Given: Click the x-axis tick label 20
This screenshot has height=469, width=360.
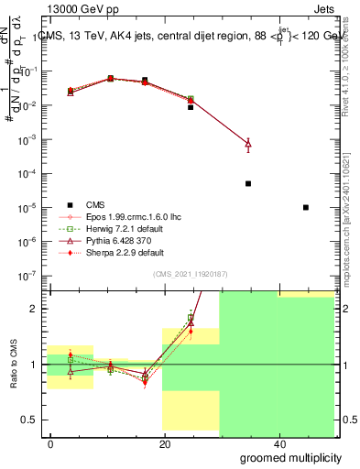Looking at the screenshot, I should [x=165, y=443].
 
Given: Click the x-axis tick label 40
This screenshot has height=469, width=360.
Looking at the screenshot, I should [x=278, y=443].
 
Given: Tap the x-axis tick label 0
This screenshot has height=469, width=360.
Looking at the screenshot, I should [x=51, y=443].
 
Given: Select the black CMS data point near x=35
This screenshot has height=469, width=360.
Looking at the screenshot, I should [x=248, y=183].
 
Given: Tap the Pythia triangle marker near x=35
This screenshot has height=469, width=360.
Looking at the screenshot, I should [x=248, y=144].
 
